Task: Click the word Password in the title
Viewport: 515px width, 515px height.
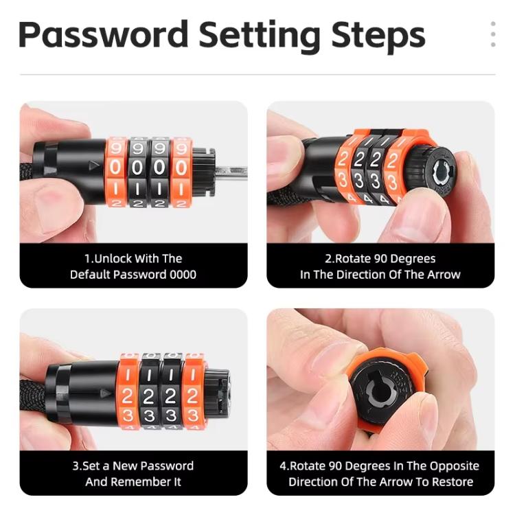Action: pyautogui.click(x=103, y=34)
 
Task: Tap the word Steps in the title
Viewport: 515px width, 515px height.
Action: pyautogui.click(x=378, y=35)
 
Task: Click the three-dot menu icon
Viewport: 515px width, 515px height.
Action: pyautogui.click(x=492, y=34)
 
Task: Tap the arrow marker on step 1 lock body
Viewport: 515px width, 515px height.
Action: pyautogui.click(x=93, y=165)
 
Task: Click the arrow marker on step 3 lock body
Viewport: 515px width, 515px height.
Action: pyautogui.click(x=105, y=393)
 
